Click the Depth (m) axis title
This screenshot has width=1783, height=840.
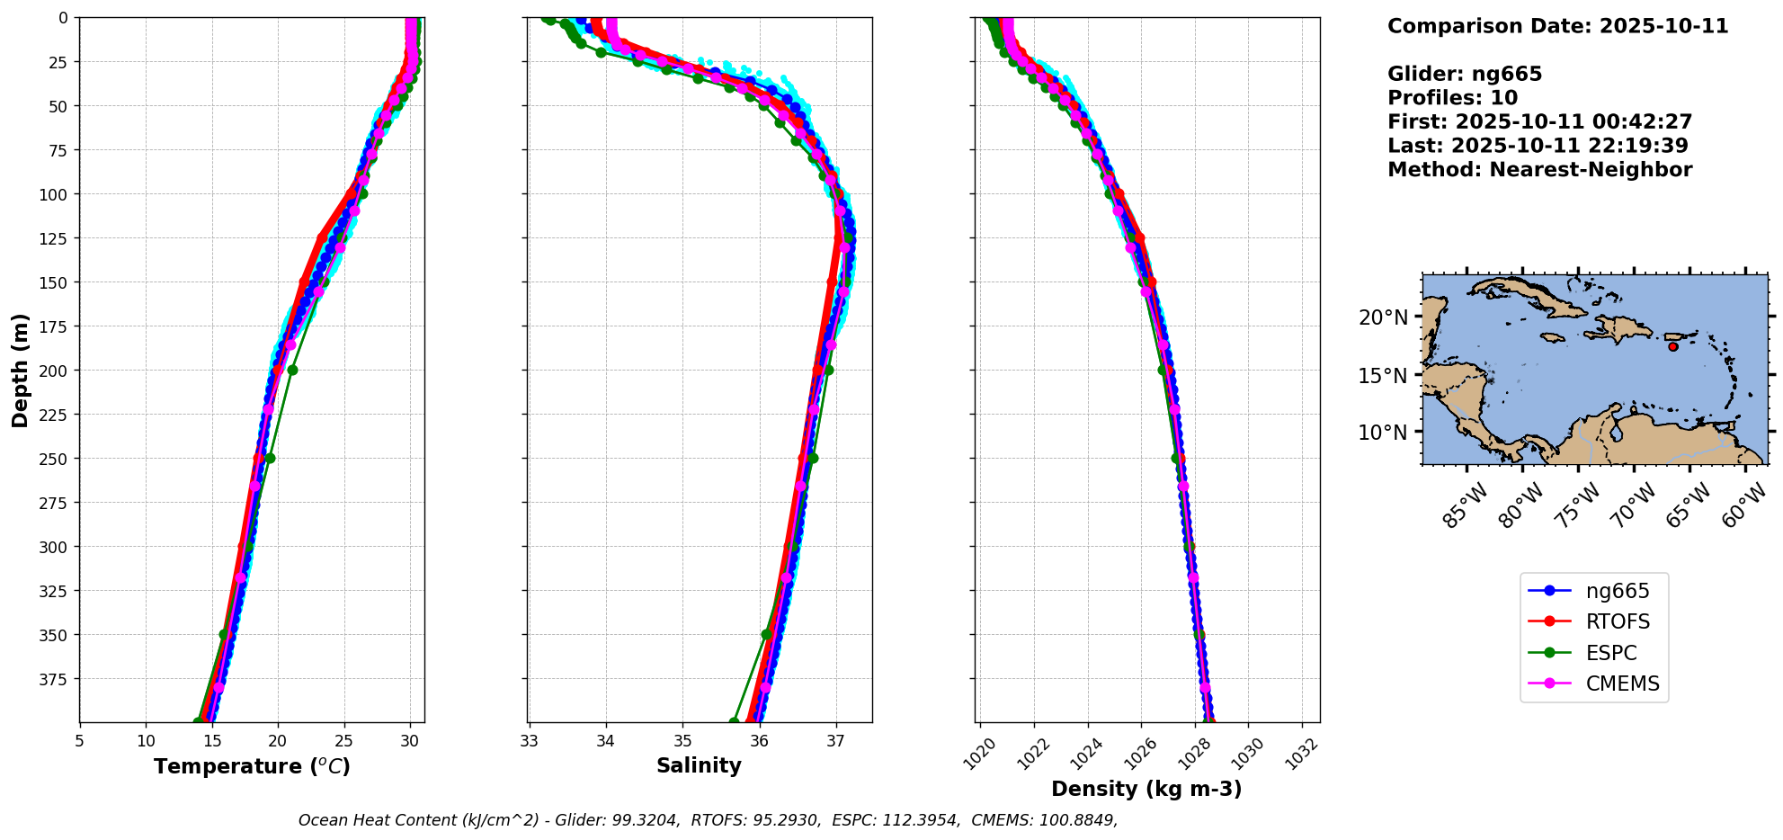[21, 370]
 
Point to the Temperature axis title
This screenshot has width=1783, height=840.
[252, 766]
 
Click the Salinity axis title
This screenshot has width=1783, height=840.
[699, 766]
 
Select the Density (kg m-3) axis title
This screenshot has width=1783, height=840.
[1146, 789]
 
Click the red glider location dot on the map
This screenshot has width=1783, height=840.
[1672, 346]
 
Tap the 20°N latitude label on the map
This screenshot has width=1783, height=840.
[1383, 317]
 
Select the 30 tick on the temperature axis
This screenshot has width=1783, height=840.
[410, 741]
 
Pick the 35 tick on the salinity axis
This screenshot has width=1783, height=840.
[682, 741]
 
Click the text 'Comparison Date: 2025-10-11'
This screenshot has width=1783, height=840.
[1557, 26]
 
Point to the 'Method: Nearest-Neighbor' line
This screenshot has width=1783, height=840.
[1539, 170]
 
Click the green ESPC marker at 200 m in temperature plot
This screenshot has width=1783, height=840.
[292, 370]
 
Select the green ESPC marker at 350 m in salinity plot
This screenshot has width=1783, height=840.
[767, 634]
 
